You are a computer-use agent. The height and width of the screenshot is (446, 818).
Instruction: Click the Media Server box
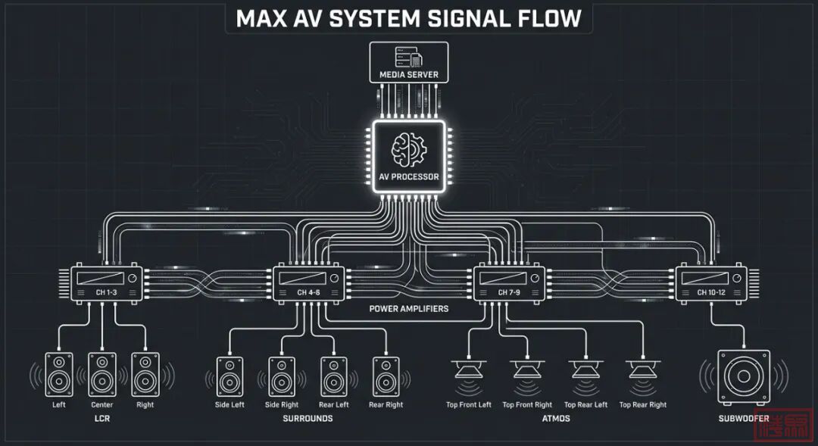408,62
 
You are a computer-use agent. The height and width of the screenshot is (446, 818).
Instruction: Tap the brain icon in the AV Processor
408,149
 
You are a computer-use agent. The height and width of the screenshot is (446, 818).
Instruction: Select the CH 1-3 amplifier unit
106,284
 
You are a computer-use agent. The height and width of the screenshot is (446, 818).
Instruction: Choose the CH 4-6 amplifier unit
308,284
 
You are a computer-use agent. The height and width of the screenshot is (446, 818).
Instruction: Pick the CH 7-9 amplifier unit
509,284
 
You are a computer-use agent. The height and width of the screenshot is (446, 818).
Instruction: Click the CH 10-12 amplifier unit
710,284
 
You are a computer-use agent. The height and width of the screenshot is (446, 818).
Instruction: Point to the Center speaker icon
102,373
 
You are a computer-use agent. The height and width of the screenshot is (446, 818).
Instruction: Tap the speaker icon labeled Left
59,373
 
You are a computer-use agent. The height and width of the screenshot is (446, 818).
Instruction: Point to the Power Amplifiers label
408,309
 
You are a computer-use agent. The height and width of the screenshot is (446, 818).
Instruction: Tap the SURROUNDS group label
308,419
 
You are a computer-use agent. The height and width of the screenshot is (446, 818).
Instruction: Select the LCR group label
102,419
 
